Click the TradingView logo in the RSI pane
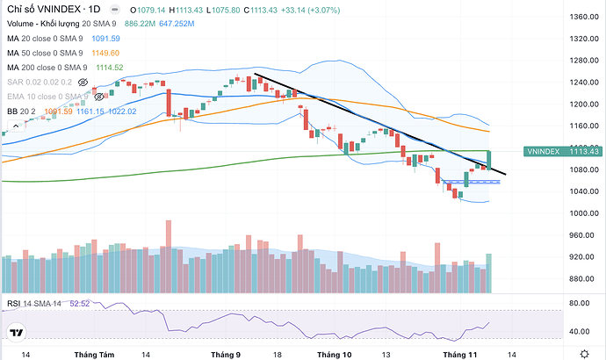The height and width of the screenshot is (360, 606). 15,331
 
